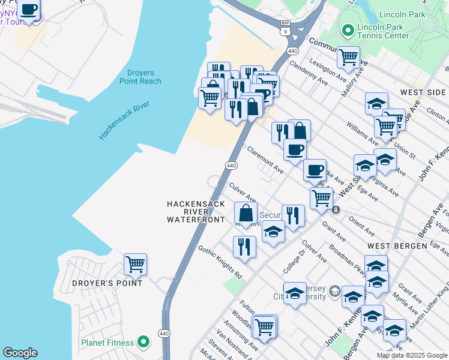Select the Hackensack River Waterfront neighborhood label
[x=196, y=212]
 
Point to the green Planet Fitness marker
[x=143, y=343]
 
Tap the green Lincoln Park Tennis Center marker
[x=347, y=30]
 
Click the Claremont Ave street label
[x=265, y=161]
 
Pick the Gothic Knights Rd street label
[x=220, y=263]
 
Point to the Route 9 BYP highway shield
[x=285, y=24]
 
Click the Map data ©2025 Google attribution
[x=412, y=355]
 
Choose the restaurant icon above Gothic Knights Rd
[x=244, y=246]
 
